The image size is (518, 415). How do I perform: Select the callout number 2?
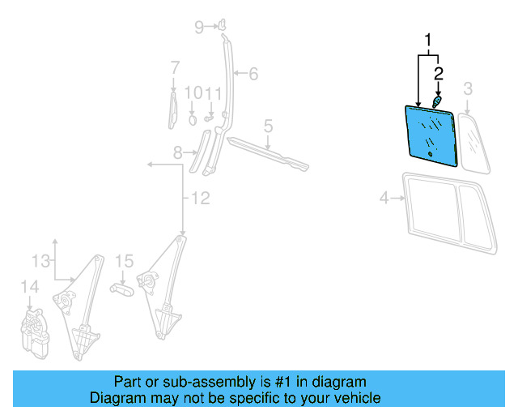point(439,73)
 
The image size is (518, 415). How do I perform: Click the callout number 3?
point(468,88)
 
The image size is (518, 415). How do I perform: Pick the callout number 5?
point(253,75)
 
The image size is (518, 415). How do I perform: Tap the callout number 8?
point(199,28)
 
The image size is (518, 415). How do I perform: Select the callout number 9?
point(193,93)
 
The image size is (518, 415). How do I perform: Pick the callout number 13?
point(29,286)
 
